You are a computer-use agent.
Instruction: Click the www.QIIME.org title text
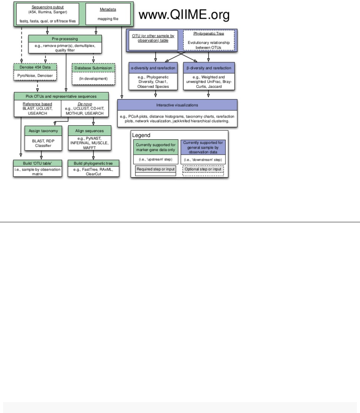(x=184, y=15)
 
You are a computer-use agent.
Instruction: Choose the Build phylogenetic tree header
(x=93, y=163)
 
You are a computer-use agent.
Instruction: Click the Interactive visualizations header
(x=177, y=105)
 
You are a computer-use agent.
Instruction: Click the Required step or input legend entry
(x=155, y=169)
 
